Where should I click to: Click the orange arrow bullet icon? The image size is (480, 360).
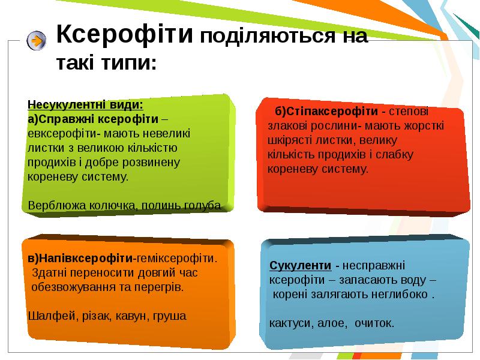point(37,40)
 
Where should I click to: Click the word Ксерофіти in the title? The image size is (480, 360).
point(125,34)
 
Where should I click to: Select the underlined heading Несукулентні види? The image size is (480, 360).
point(85,104)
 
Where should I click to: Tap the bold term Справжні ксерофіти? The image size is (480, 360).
point(98,119)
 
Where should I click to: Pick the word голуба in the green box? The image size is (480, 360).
point(202,206)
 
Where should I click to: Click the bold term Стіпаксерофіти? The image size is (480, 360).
point(332,112)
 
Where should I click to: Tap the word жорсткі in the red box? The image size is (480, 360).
point(424,126)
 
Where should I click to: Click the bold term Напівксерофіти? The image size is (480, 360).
point(86,259)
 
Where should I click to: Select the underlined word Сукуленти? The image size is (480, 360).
point(301,265)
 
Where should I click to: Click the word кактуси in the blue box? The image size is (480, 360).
point(290,323)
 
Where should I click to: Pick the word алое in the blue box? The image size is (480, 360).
point(331,323)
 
